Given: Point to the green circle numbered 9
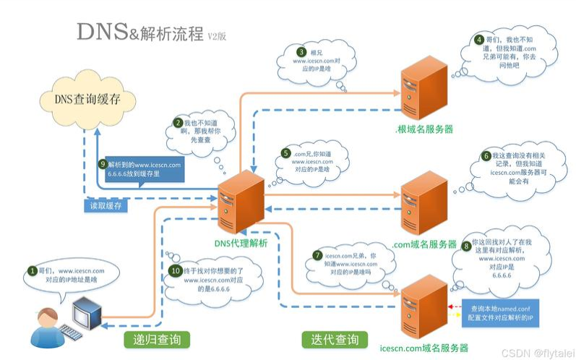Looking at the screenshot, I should pos(103,164).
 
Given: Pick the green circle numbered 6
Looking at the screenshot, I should pos(486,155).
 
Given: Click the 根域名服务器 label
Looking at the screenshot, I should pos(424,129).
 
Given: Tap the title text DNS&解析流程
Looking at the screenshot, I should pos(141,33).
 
